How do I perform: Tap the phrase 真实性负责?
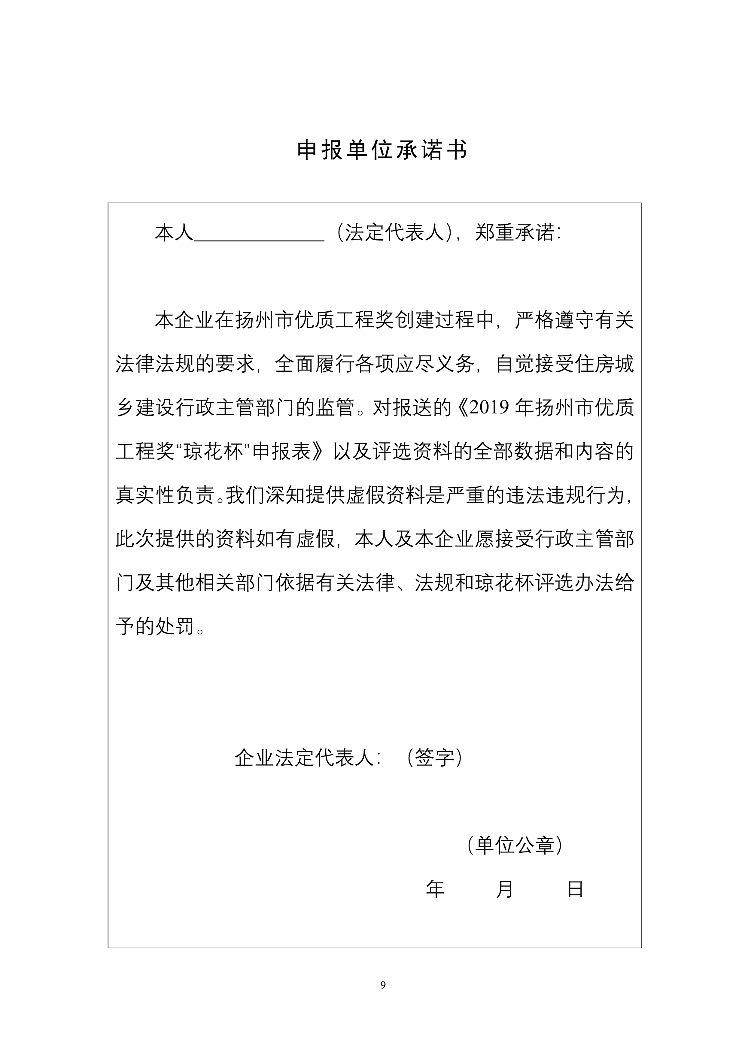(165, 496)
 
